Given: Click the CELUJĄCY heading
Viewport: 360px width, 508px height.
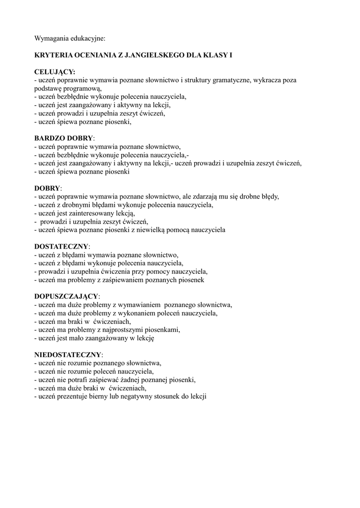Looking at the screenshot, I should tap(55, 72).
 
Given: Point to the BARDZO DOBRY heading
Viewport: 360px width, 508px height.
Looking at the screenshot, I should tap(64, 138).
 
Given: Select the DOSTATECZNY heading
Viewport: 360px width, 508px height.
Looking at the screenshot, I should tap(61, 247).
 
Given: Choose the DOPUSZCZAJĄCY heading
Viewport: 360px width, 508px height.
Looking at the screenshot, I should tap(67, 296).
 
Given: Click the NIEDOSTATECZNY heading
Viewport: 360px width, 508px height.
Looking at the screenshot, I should tap(68, 355).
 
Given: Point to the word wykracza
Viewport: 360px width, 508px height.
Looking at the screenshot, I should tap(275, 80).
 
